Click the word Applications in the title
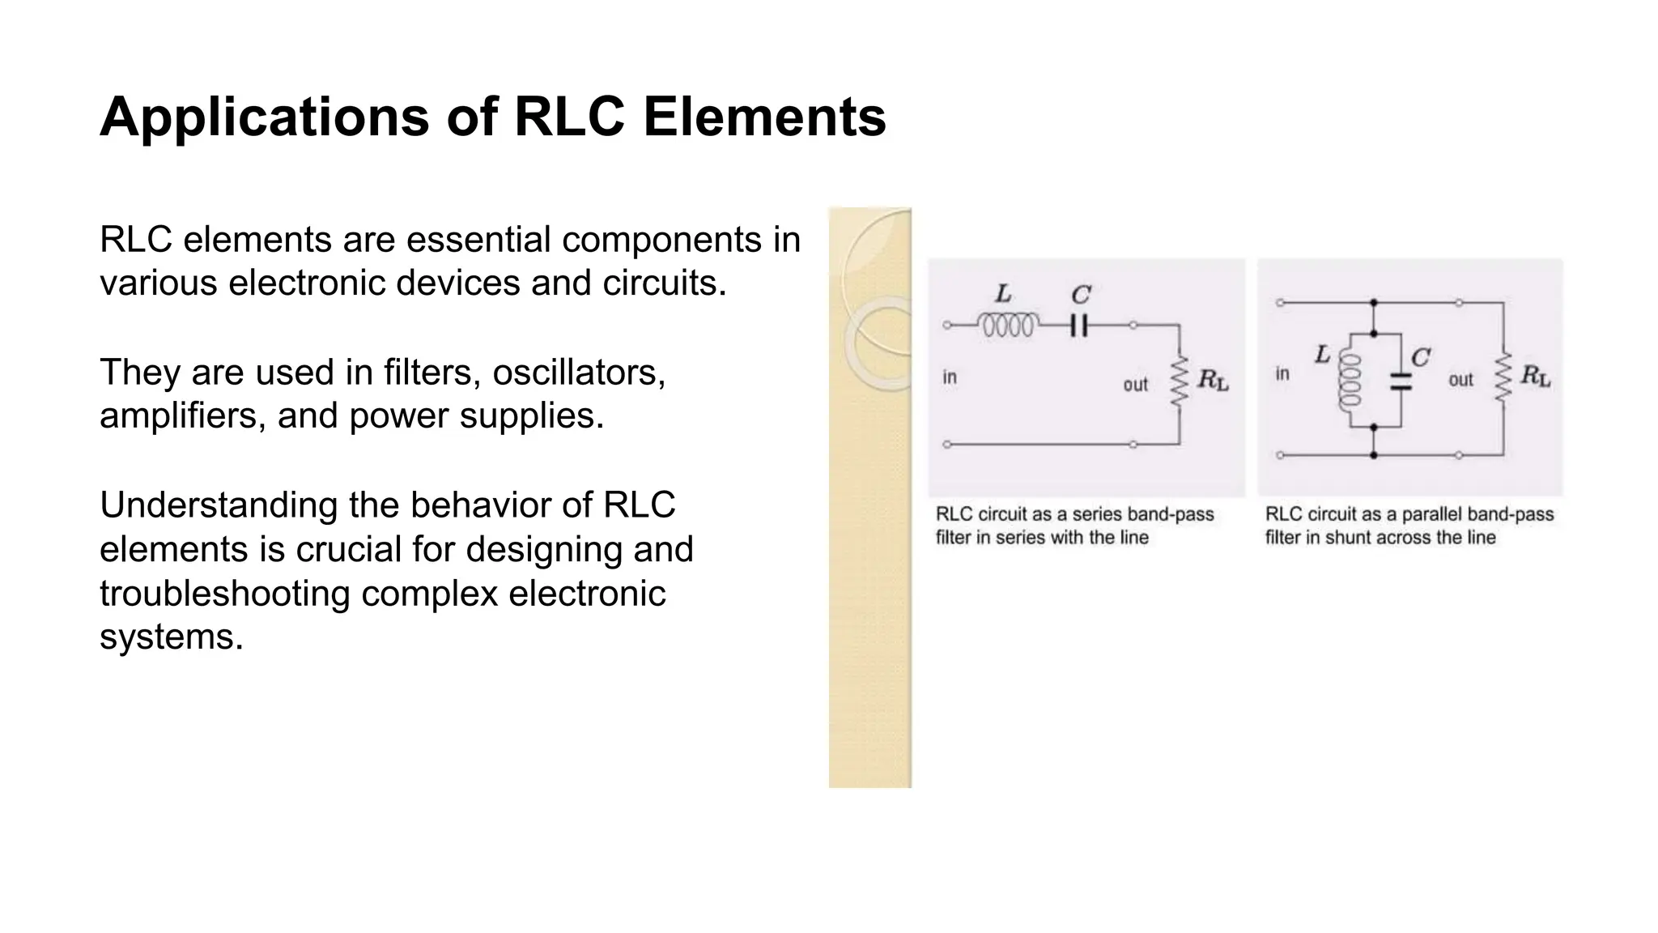pos(264,118)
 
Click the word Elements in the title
pos(764,117)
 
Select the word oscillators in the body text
pos(579,373)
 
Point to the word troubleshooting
pos(224,594)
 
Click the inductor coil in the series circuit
pos(1007,326)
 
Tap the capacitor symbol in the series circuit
pos(1078,326)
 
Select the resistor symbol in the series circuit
pos(1180,381)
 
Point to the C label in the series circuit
pos(1080,295)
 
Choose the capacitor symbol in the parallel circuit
pos(1400,381)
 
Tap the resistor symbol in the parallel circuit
pos(1503,377)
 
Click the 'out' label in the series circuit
pos(1135,385)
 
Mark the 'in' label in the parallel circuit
pos(1282,374)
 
